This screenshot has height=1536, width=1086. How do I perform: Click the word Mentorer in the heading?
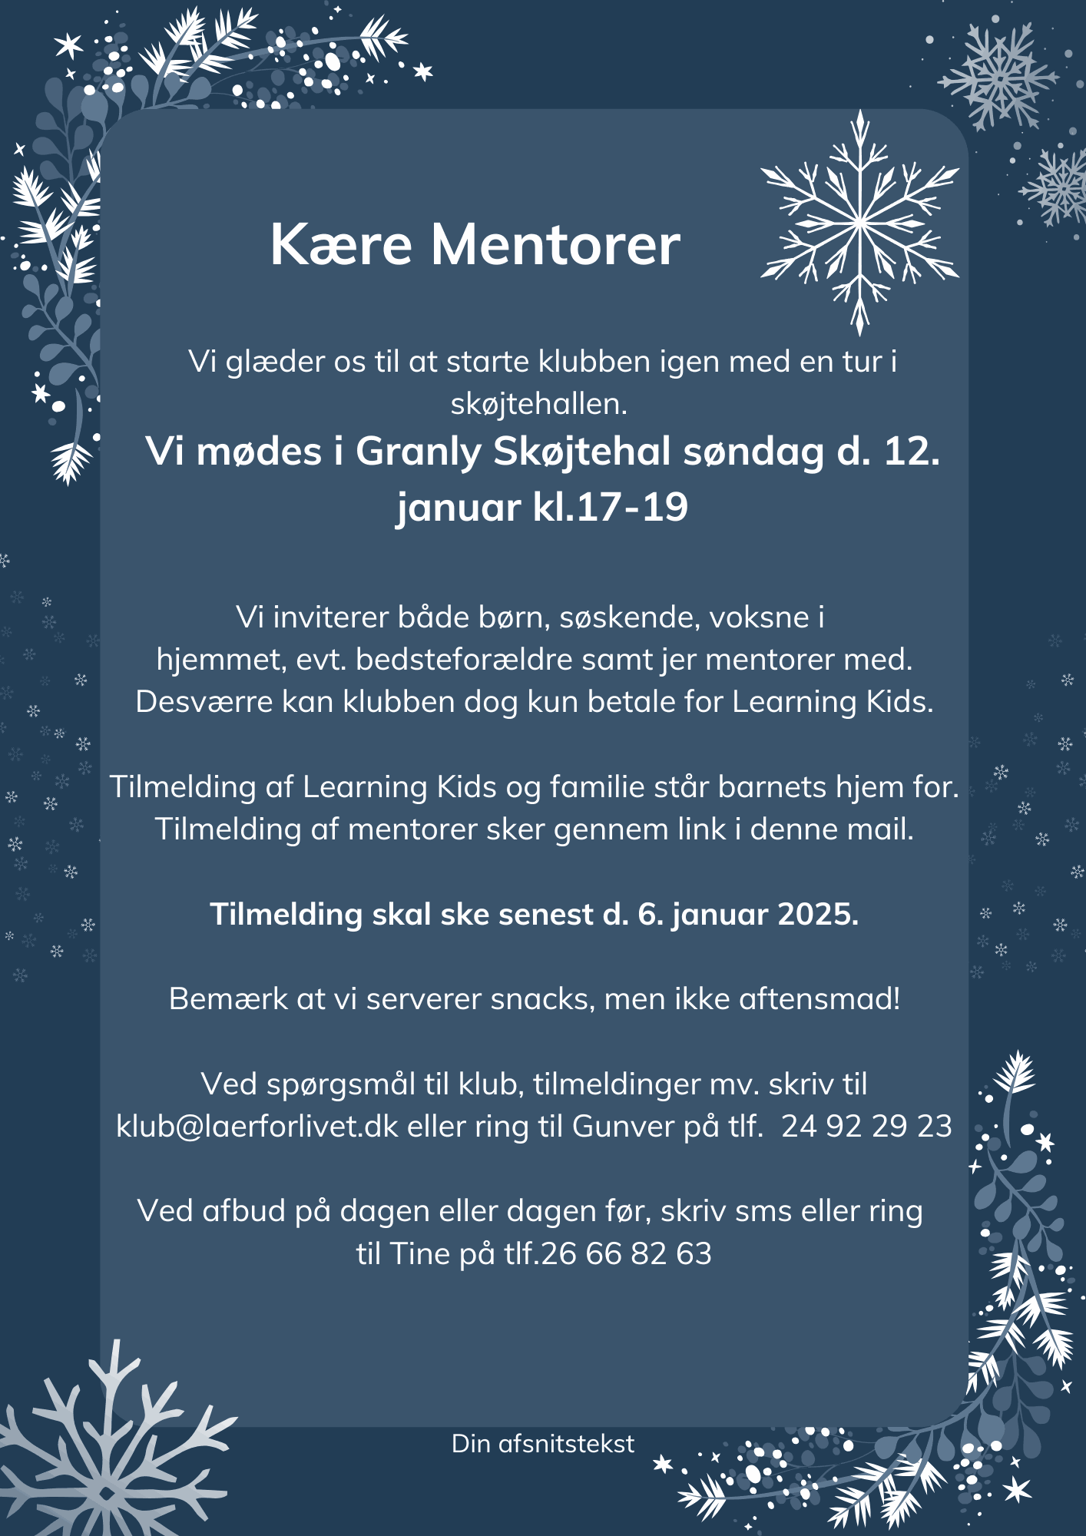pos(555,245)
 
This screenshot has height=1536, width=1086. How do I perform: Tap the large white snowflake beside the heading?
pos(859,223)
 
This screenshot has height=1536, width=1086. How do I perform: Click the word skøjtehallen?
pos(539,404)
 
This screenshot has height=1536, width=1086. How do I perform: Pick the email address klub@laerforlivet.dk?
pos(257,1126)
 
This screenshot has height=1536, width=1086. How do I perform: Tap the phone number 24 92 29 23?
pos(866,1126)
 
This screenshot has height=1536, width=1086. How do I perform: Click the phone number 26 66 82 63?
pos(627,1253)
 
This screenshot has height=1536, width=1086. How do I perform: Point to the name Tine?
pos(420,1253)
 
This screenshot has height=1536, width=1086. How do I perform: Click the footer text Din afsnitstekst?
pos(543,1444)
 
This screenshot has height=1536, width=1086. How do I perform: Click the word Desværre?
pos(204,702)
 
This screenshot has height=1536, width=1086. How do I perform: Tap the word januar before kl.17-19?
pos(459,507)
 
